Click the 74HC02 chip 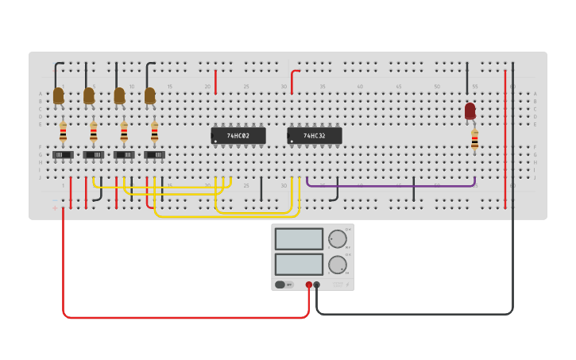[x=238, y=136]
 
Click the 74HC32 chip [x=315, y=136]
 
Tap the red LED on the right [x=470, y=110]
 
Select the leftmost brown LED [x=58, y=95]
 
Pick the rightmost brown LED [x=150, y=95]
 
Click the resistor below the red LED [x=475, y=140]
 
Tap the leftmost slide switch [x=63, y=154]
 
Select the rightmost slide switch [x=154, y=154]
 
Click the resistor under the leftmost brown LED [x=63, y=131]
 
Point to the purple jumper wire [x=389, y=186]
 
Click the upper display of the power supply [x=299, y=239]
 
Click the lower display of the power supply [x=299, y=264]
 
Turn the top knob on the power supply [x=338, y=238]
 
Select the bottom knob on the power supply [x=338, y=265]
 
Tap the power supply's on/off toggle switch [x=280, y=285]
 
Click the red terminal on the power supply [x=309, y=285]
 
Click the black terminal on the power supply [x=317, y=285]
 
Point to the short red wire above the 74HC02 [x=215, y=82]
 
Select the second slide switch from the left [x=94, y=154]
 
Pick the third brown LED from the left [x=119, y=95]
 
